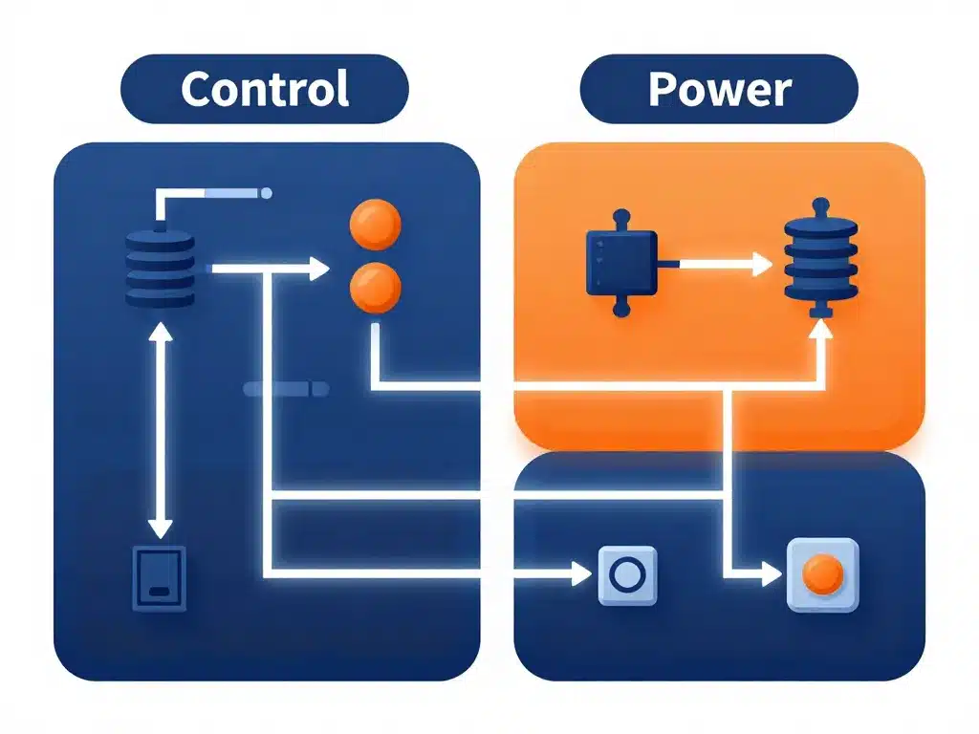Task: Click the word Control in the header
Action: coord(265,89)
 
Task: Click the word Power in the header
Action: coord(719,89)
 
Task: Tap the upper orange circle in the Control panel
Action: coord(375,226)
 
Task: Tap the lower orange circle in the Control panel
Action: coord(375,288)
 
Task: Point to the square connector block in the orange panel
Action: coord(620,259)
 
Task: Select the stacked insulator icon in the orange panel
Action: coord(819,259)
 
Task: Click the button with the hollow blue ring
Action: coord(627,575)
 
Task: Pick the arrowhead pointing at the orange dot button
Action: coord(772,574)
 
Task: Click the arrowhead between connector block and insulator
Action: coord(761,265)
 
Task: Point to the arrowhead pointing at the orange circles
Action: coord(317,270)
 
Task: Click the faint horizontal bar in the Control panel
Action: coord(286,389)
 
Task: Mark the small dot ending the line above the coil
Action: coord(267,194)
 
